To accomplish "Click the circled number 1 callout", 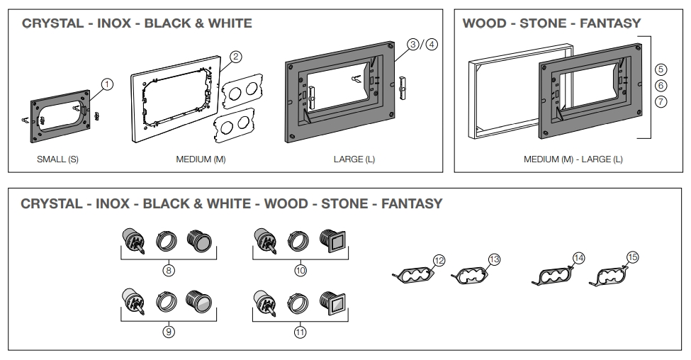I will (x=107, y=84).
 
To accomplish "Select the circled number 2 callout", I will (x=237, y=56).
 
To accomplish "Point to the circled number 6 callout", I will (x=661, y=85).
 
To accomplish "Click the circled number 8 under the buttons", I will (x=169, y=269).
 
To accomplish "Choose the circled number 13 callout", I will (x=494, y=260).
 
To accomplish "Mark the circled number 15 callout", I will (x=633, y=257).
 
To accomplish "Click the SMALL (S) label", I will (x=57, y=159).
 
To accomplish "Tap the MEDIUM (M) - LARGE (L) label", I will (x=573, y=159).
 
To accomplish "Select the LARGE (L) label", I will (x=354, y=159).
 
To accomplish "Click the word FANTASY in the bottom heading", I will (x=411, y=204).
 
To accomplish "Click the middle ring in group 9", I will (x=168, y=305).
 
